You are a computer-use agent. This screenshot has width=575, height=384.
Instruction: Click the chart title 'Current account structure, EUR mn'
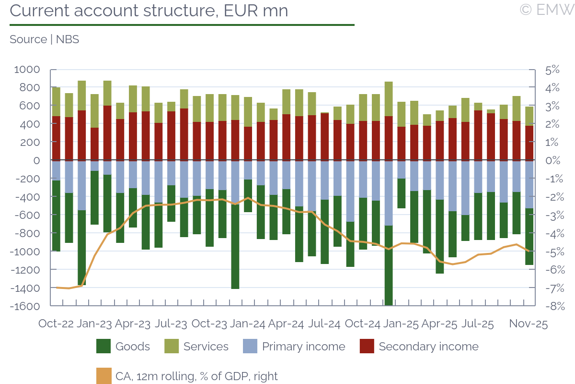point(149,10)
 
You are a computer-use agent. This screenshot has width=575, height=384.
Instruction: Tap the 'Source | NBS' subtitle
point(44,39)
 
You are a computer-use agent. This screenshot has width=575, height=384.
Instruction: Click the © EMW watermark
point(546,9)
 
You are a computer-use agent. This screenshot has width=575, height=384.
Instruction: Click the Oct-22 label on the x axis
point(56,324)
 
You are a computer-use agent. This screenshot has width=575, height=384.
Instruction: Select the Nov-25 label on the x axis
point(528,324)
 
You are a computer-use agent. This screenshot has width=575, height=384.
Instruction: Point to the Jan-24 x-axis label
point(248,324)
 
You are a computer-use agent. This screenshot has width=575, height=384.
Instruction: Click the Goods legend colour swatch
point(103,347)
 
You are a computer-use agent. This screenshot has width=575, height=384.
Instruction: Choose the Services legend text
point(206,347)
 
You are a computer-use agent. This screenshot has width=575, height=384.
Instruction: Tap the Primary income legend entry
point(303,347)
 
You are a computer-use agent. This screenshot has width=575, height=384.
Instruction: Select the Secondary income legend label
point(428,347)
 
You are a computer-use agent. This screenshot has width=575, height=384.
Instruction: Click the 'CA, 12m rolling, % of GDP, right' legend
point(196,376)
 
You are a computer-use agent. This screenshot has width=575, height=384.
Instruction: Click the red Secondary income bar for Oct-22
point(56,138)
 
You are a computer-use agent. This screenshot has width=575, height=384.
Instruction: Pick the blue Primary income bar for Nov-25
point(529,184)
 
